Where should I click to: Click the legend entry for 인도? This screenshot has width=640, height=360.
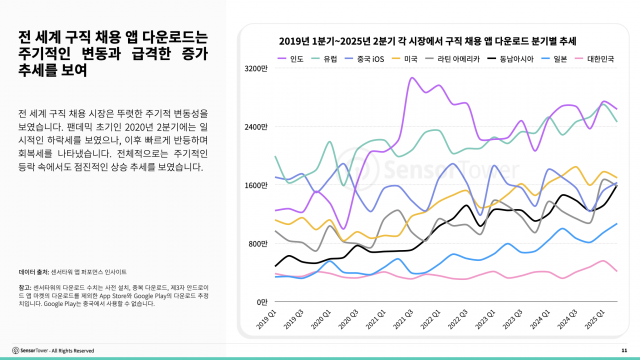(x=292, y=60)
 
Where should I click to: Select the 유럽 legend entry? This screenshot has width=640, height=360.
(x=325, y=60)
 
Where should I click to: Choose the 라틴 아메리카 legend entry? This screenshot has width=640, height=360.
(x=449, y=60)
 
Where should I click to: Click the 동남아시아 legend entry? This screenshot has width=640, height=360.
(x=505, y=60)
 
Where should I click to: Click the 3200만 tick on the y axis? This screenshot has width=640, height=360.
(x=257, y=68)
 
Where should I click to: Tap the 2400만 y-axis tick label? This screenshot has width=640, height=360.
(x=257, y=126)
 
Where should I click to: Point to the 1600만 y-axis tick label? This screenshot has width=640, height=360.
(x=257, y=184)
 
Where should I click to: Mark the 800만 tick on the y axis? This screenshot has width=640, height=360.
(x=259, y=243)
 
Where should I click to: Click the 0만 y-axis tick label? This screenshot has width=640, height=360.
(x=262, y=301)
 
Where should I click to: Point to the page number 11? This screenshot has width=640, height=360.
(x=624, y=350)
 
